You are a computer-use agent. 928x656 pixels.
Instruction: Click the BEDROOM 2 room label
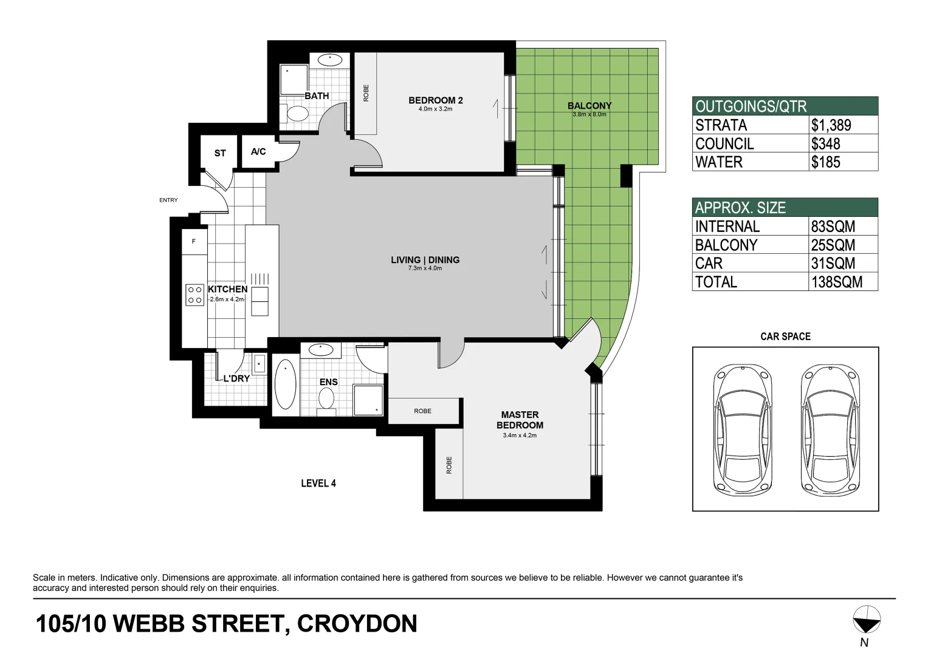click(435, 101)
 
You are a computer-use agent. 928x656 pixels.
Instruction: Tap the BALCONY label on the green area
click(589, 106)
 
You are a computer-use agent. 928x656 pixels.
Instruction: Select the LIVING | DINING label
click(425, 260)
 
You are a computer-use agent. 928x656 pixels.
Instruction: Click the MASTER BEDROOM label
click(520, 420)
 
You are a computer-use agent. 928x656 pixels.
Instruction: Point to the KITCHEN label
click(227, 290)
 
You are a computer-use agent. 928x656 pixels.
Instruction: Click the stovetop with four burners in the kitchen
click(194, 295)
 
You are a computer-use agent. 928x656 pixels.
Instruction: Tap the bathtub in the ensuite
click(285, 385)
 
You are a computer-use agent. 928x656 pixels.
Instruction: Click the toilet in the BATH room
click(298, 114)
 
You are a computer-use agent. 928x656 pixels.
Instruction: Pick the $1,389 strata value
click(831, 125)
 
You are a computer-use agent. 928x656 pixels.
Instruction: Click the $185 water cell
click(825, 162)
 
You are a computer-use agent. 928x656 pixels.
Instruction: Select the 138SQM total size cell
click(836, 282)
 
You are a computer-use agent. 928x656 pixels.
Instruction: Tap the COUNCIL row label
click(724, 144)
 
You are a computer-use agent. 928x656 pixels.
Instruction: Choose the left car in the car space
click(742, 429)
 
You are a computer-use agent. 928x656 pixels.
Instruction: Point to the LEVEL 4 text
click(318, 483)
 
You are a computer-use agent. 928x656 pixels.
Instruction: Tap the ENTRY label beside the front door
click(168, 200)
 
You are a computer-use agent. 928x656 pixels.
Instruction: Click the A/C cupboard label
click(258, 151)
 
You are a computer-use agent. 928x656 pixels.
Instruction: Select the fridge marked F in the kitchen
click(194, 242)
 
